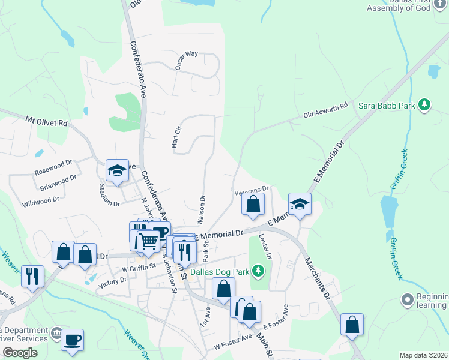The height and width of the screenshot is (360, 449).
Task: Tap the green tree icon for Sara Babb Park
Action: click(x=425, y=106)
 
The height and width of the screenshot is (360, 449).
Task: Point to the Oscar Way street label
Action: click(x=187, y=61)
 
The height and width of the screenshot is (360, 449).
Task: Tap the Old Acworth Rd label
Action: click(x=325, y=110)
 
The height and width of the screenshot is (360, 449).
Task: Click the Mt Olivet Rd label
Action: click(x=47, y=121)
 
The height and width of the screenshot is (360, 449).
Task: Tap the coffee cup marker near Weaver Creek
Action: click(x=72, y=339)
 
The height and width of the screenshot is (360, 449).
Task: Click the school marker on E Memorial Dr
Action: click(x=300, y=203)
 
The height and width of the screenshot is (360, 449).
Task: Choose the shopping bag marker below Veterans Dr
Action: click(x=253, y=204)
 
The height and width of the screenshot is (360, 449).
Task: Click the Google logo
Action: click(x=20, y=353)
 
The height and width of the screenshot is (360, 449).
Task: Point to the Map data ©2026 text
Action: click(x=423, y=355)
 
